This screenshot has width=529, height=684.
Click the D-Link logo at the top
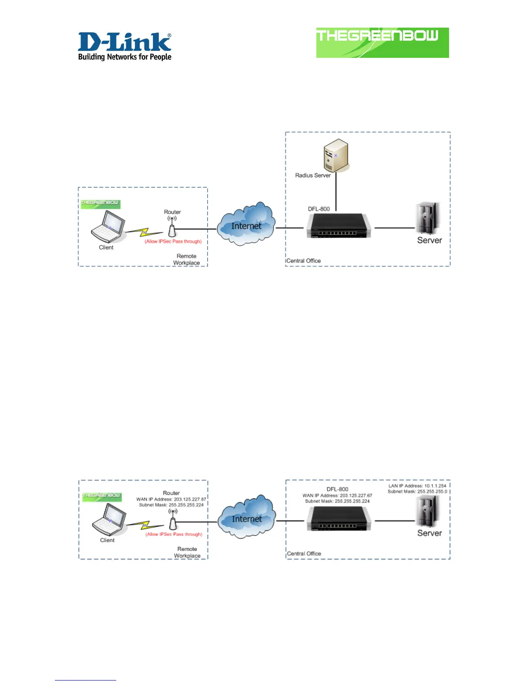pos(124,46)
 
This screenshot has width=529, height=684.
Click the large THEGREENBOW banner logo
pos(382,42)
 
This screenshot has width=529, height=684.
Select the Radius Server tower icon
pos(336,155)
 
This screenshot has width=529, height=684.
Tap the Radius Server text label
pos(312,175)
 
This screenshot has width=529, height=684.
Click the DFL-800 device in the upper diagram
pos(338,226)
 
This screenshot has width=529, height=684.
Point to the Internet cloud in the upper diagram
pos(246,224)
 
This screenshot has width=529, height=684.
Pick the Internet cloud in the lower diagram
pos(246,517)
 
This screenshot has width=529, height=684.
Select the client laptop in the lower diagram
pos(109,520)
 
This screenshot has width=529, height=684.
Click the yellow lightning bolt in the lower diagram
pos(145,526)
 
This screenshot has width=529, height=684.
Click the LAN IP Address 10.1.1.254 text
pos(417,486)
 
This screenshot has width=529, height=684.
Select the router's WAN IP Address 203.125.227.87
pos(171,499)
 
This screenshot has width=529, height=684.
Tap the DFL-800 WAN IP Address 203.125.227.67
pos(337,495)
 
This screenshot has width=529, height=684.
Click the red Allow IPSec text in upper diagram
pos(173,241)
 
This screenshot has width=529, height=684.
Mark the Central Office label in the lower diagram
pos(304,554)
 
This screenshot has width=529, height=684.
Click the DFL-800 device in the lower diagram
pos(338,519)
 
